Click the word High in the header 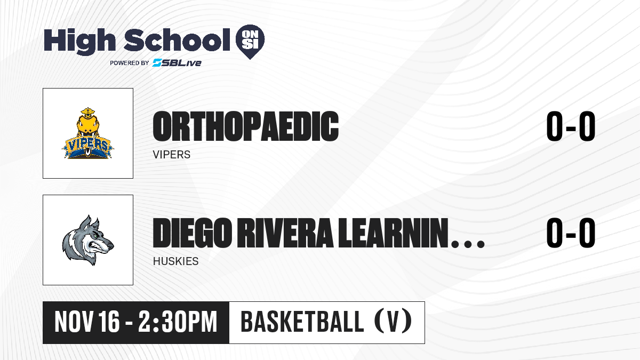(x=79, y=41)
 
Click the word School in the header (x=177, y=39)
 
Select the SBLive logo (x=177, y=63)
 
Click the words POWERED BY (x=130, y=63)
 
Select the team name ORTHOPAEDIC (x=246, y=126)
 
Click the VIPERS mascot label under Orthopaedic (x=171, y=155)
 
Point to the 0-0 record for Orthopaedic (x=571, y=126)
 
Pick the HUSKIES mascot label (x=175, y=261)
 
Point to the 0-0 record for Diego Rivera (x=571, y=233)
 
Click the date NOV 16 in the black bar (x=87, y=322)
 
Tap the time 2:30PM (x=178, y=322)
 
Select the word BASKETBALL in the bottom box (x=302, y=322)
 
